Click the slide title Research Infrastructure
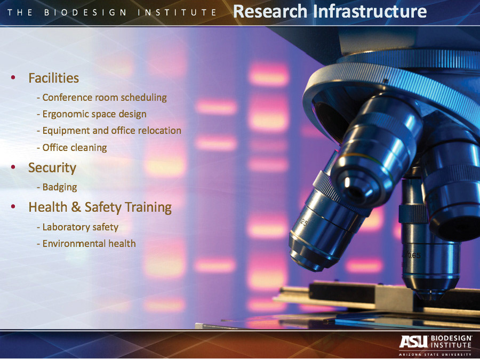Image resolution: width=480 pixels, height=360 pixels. (x=330, y=11)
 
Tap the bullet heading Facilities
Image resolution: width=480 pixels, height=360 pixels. (x=53, y=78)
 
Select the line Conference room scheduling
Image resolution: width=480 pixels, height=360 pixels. (x=102, y=98)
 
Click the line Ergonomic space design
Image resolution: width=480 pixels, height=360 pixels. (x=92, y=114)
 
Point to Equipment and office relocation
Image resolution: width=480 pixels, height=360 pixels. (x=109, y=131)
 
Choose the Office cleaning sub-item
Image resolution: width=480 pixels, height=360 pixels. (x=72, y=148)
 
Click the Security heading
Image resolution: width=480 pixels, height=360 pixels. (x=52, y=168)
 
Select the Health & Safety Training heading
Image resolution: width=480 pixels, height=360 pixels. (x=100, y=207)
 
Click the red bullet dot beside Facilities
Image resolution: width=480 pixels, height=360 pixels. (x=13, y=77)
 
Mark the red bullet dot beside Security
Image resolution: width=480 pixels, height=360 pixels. (x=13, y=167)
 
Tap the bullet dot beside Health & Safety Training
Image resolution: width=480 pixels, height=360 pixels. (x=13, y=206)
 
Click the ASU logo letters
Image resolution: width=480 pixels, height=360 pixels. (x=413, y=342)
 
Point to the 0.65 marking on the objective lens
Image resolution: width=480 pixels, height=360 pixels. (x=413, y=255)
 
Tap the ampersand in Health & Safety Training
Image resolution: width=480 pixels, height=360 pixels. (x=76, y=207)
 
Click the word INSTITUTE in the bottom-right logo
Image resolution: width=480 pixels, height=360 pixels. (x=451, y=345)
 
